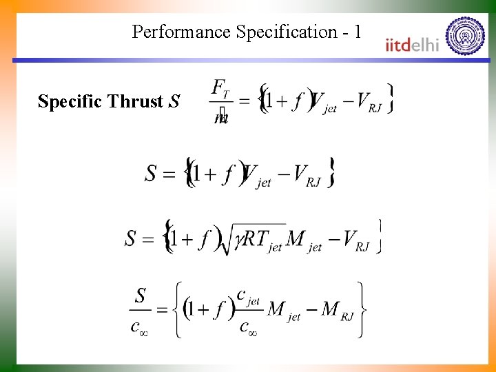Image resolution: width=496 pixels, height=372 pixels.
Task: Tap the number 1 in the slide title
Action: click(356, 32)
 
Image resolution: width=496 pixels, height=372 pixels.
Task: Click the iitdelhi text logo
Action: click(412, 45)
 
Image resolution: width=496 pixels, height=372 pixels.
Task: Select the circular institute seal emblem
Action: click(466, 35)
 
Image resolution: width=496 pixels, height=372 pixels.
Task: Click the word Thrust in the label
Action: click(135, 102)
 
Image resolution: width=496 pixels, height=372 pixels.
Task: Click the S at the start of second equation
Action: click(152, 172)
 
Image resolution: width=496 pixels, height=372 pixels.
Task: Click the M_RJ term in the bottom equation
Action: click(338, 312)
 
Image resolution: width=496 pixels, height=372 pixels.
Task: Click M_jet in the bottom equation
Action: click(284, 312)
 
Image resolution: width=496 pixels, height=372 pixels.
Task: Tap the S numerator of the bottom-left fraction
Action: click(140, 296)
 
